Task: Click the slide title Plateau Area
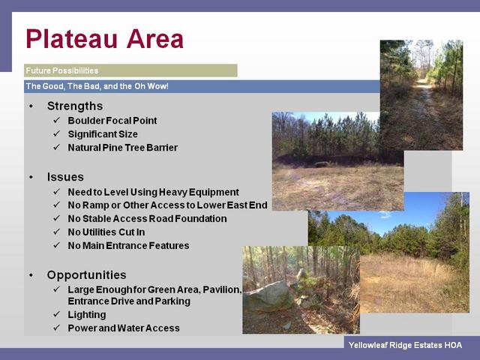105,39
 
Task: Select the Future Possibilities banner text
62,70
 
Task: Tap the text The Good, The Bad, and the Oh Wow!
97,86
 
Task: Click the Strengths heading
75,106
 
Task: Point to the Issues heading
65,177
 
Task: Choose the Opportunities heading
87,275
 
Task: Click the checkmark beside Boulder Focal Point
57,120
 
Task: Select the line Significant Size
103,134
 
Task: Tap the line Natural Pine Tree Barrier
123,148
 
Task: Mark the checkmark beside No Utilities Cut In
57,232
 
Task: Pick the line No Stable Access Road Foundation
147,218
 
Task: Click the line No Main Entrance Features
128,245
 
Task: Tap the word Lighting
87,315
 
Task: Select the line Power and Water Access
124,328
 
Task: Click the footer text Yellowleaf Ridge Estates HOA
405,345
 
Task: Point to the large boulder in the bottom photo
268,296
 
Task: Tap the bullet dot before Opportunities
31,275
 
